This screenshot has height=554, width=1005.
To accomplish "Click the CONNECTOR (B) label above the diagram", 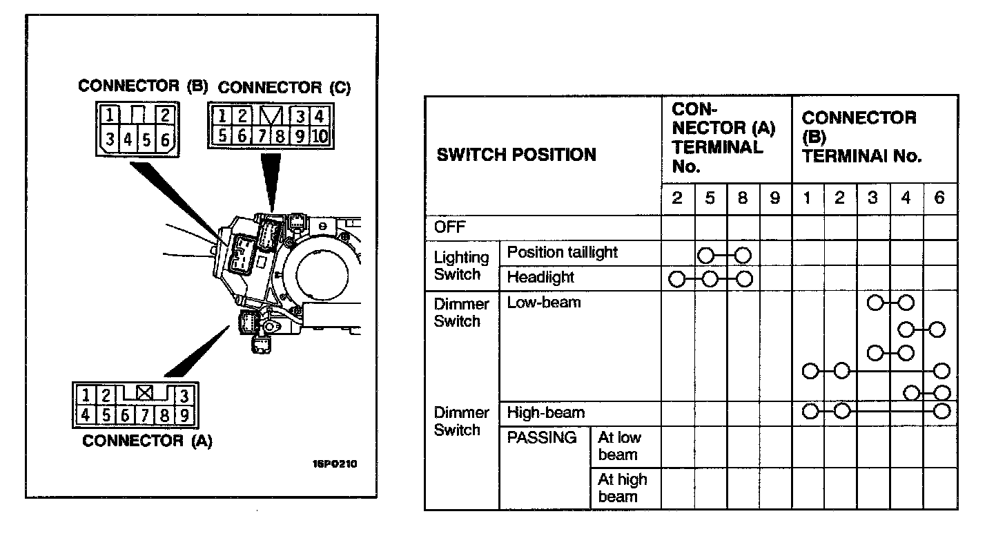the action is click(x=143, y=86).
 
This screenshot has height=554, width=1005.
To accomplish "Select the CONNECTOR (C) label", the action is click(x=284, y=88).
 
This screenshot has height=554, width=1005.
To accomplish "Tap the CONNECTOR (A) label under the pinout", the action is click(x=147, y=441).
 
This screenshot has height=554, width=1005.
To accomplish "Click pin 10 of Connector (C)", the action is click(x=319, y=135).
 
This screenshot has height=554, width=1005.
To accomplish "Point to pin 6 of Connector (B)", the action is click(x=165, y=141).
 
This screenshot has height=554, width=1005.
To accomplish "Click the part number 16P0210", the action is click(x=335, y=464).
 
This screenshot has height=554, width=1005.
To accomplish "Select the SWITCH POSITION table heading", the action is click(x=516, y=155).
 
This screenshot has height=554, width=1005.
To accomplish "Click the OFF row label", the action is click(x=450, y=227).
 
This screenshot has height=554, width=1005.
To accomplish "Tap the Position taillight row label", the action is click(x=562, y=253).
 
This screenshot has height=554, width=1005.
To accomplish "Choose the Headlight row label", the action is click(x=540, y=278).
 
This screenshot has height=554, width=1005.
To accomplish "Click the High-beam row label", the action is click(x=545, y=413).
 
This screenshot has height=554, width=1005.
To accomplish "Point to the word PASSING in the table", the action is click(x=542, y=438).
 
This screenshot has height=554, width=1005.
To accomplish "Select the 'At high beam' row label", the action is click(x=622, y=488).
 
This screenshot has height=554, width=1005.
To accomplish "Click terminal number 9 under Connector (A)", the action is click(x=774, y=198).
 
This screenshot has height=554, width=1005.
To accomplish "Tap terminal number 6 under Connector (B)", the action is click(x=939, y=198).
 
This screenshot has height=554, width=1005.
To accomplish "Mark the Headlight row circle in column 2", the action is click(x=677, y=280).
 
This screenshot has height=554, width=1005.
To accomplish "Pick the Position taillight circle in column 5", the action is click(x=705, y=256).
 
